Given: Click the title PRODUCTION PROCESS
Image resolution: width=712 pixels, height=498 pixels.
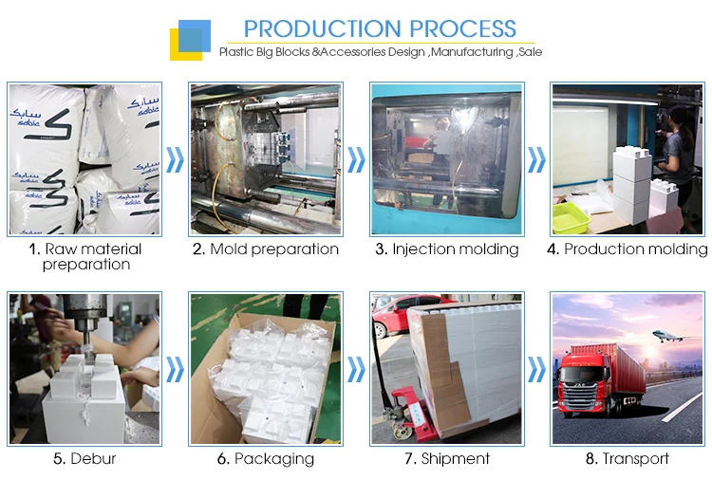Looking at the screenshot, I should point(379,28).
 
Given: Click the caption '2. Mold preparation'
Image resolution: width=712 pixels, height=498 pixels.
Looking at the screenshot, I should point(265,249).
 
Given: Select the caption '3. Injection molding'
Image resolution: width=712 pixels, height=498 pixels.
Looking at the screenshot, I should point(446,249).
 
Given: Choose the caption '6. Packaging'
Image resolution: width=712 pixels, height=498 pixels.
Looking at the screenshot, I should point(265,458).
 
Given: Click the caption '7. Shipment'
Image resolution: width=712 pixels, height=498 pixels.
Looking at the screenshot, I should point(446,458).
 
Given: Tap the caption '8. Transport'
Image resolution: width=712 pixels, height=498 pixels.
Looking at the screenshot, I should point(627,458).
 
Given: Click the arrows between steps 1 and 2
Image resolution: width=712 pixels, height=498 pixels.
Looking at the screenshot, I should point(175,159).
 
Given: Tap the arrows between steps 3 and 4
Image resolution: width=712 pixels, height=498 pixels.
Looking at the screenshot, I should point(537,159).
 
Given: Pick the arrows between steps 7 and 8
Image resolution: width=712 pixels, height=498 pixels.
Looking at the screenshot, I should point(537,368).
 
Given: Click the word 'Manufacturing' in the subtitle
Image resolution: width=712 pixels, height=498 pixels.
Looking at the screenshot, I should point(472,52).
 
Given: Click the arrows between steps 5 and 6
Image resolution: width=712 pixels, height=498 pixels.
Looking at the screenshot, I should point(175,368).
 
